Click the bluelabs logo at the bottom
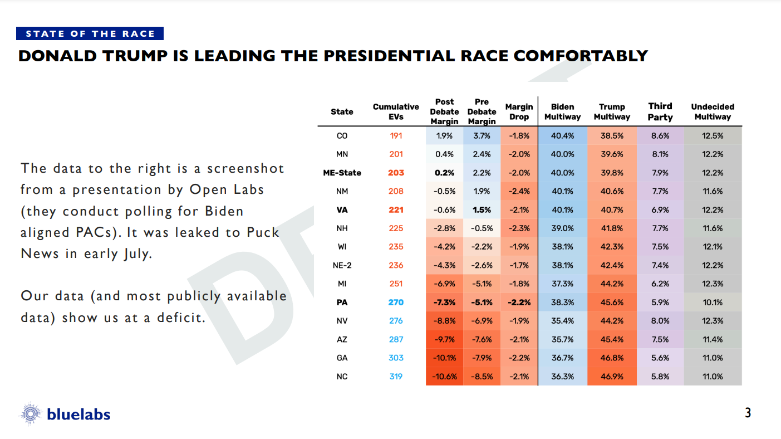point(66,414)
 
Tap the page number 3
point(748,413)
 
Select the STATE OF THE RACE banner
point(90,34)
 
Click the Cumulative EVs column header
point(396,111)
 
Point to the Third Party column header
point(660,111)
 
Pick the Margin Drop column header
point(519,111)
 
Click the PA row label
point(342,303)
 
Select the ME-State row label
point(342,173)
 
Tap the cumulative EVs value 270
point(396,303)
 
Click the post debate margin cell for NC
point(444,377)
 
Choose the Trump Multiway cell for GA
point(612,358)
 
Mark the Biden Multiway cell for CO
point(562,135)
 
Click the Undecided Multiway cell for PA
point(713,303)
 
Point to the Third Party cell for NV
point(660,321)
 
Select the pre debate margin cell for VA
point(482,210)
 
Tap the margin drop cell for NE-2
point(519,265)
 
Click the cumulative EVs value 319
point(396,377)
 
